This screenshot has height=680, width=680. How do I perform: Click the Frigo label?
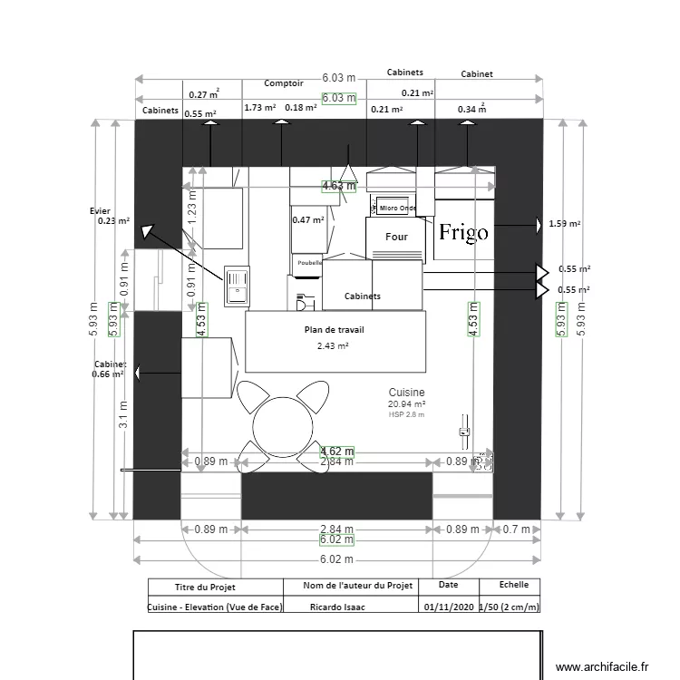(x=463, y=232)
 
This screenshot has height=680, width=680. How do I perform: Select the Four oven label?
(x=396, y=237)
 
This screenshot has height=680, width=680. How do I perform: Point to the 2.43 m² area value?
(x=333, y=345)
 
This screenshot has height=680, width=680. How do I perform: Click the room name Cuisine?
(x=406, y=392)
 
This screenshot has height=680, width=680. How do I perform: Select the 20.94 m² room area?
(x=406, y=403)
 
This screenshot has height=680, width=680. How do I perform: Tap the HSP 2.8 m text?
(x=406, y=414)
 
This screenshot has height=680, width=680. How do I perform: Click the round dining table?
(x=283, y=424)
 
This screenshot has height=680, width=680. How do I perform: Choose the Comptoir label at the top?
(x=283, y=83)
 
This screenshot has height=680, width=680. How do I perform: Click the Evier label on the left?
(x=100, y=210)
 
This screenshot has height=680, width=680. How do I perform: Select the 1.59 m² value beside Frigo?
(x=565, y=223)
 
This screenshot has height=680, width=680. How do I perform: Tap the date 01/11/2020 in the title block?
(x=447, y=607)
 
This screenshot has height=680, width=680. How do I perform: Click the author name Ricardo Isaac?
(x=337, y=607)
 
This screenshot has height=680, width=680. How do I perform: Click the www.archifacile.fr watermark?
(x=602, y=666)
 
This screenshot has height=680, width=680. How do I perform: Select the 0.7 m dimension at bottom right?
(x=516, y=529)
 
